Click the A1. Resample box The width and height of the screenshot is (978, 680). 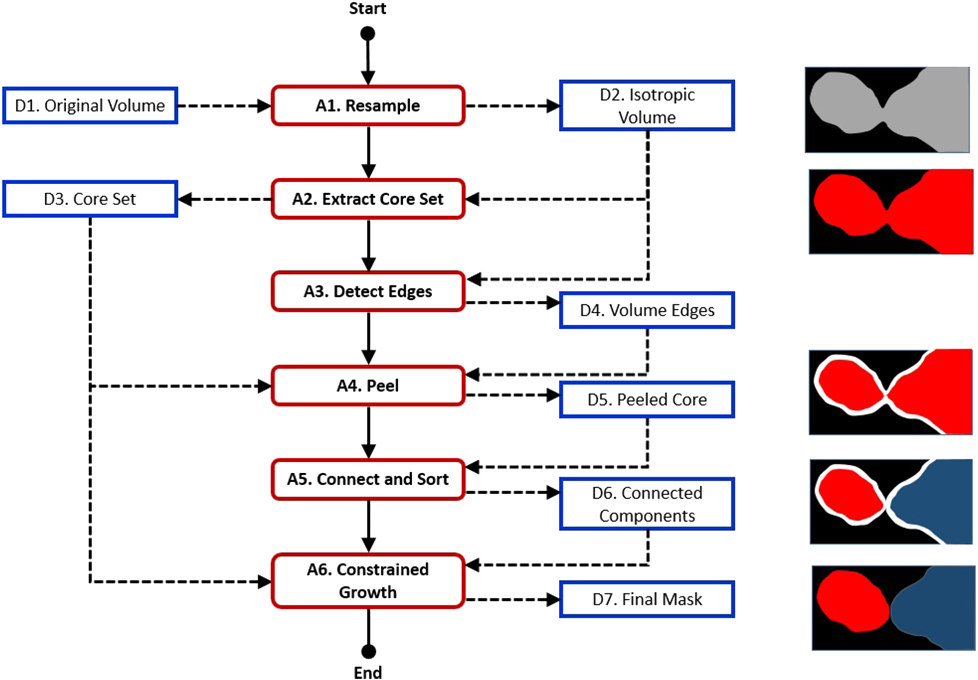click(x=368, y=105)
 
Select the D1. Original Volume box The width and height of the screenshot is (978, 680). click(x=90, y=105)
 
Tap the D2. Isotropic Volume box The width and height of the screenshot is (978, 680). click(x=647, y=105)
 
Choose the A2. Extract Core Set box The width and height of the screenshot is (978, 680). click(x=368, y=199)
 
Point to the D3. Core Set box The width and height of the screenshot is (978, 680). click(x=90, y=199)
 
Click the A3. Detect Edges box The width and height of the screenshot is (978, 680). click(x=368, y=291)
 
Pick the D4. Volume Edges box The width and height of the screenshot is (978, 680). click(x=647, y=310)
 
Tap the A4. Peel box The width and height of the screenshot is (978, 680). click(x=368, y=385)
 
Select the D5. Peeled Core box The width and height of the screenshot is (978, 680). click(x=647, y=400)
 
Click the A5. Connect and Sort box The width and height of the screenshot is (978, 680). click(x=368, y=479)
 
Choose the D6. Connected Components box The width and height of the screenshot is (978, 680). click(x=647, y=504)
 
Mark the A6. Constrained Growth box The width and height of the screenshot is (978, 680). click(x=368, y=581)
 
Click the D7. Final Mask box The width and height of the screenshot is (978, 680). click(x=647, y=599)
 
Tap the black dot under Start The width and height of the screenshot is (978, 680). click(x=368, y=34)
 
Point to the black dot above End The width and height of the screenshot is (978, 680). click(x=368, y=652)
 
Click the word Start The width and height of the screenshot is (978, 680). click(x=368, y=9)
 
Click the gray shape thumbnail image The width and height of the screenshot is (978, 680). click(x=887, y=110)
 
